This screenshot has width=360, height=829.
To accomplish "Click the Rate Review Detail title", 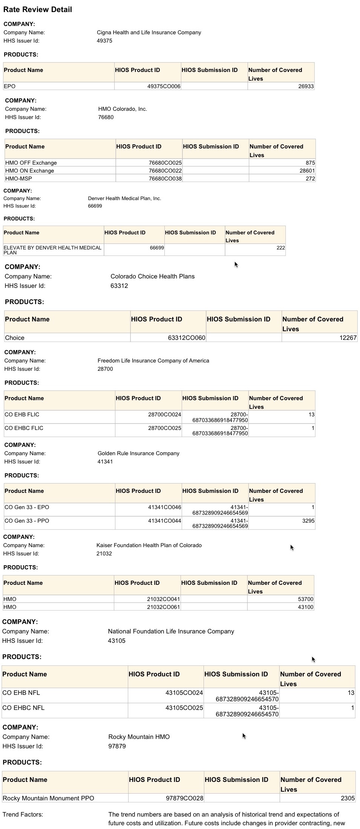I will (37, 10).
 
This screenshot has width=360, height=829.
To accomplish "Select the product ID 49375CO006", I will (164, 86).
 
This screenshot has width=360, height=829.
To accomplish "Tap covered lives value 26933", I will (306, 86).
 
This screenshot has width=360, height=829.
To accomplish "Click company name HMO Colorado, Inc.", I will (123, 109).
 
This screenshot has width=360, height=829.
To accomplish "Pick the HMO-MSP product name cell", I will (18, 179).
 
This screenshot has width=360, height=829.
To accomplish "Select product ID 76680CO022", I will (165, 171).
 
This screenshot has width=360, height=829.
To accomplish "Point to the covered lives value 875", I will (310, 163).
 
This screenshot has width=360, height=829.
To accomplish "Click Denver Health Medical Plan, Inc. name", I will (124, 198).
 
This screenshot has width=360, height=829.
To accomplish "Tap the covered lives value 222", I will (280, 248).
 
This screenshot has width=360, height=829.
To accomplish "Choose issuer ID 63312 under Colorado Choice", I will (119, 286).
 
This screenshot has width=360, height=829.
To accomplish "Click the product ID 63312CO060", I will (186, 338).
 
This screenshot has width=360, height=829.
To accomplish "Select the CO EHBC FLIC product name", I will (24, 428).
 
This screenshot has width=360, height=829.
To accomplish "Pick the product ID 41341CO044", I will (164, 521).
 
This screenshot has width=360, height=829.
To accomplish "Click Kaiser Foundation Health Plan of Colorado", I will (149, 545).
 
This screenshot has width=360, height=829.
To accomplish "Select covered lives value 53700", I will (305, 599).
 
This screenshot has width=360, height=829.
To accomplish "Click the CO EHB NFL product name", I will (21, 693).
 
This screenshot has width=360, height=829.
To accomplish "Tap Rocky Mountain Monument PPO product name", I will (48, 798).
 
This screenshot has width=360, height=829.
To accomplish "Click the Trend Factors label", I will (23, 814).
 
